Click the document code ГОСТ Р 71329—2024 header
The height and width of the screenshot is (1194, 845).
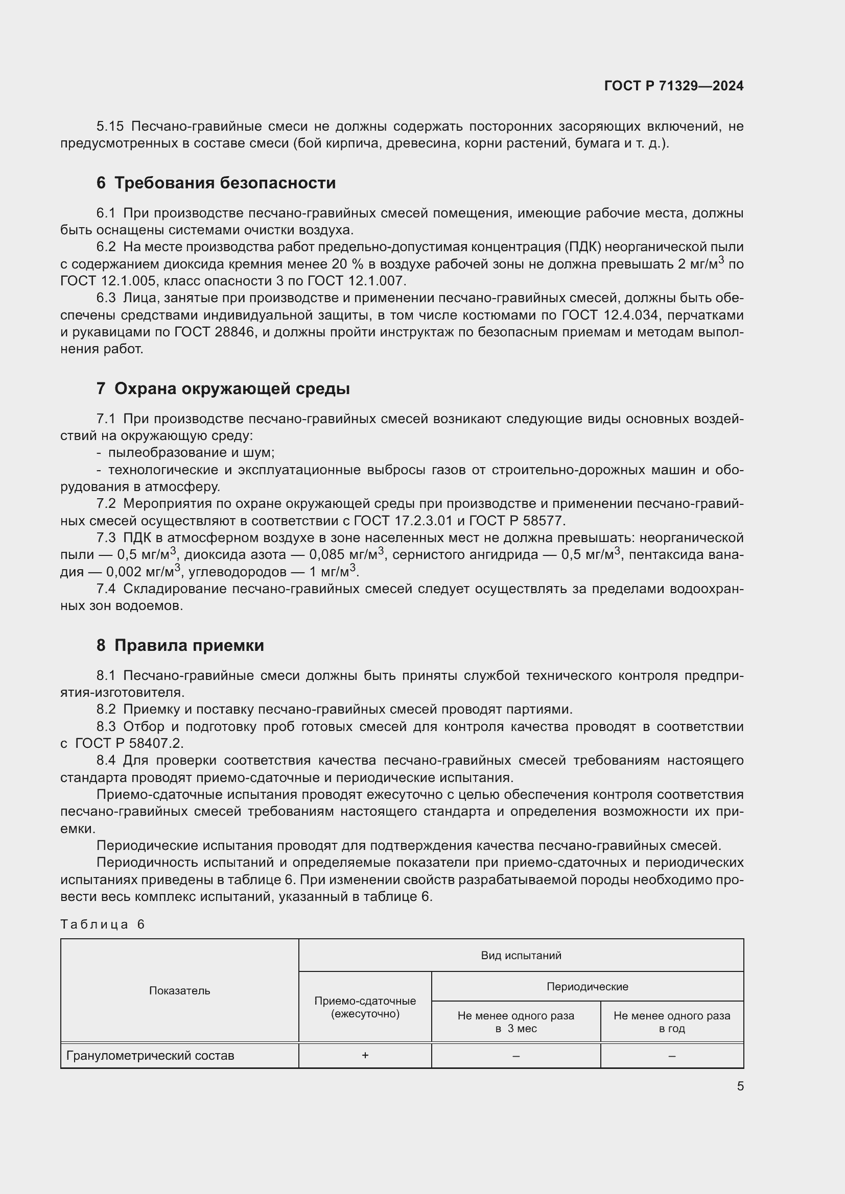pos(673,86)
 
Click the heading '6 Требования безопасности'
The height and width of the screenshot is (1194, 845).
pos(216,183)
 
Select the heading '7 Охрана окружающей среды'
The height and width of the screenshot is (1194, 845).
pos(223,388)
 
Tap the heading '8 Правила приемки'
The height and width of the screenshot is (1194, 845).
pos(180,645)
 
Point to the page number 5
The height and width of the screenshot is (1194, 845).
pos(740,1086)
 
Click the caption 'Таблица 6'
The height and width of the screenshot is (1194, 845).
pos(103,924)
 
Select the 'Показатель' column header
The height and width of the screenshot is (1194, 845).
pos(179,990)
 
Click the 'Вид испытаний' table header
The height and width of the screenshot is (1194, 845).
pos(521,955)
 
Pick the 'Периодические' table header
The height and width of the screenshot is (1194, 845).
pos(587,986)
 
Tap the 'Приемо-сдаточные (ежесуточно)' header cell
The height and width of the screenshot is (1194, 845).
pos(365,1007)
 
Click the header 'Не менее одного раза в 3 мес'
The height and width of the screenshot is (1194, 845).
pos(515,1022)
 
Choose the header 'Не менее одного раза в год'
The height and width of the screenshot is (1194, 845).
pos(672,1022)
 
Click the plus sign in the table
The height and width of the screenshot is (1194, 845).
pos(365,1055)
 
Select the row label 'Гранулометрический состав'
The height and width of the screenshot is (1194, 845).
pos(150,1056)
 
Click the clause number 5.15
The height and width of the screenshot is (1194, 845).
pos(110,127)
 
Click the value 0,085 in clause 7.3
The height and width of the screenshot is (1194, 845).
pos(326,555)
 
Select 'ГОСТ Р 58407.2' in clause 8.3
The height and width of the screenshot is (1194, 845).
pos(129,744)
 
